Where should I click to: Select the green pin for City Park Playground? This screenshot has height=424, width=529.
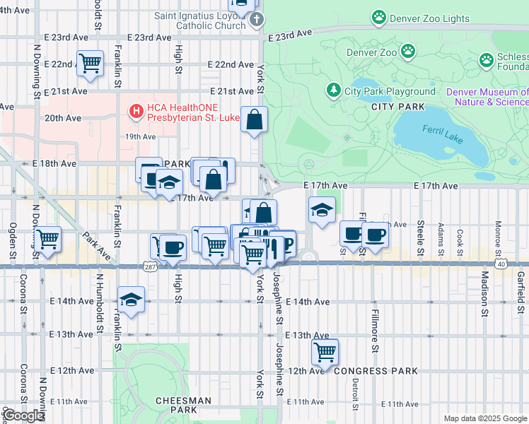pyautogui.click(x=334, y=90)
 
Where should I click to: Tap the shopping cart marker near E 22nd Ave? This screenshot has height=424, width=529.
pyautogui.click(x=91, y=63)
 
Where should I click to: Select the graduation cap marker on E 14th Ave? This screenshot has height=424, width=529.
pyautogui.click(x=131, y=300)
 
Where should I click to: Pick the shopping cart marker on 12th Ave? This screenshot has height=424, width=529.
pyautogui.click(x=325, y=351)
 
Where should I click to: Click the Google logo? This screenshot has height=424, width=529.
pyautogui.click(x=23, y=416)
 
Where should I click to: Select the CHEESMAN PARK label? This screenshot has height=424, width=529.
pyautogui.click(x=182, y=405)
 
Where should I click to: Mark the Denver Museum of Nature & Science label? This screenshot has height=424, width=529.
pyautogui.click(x=487, y=97)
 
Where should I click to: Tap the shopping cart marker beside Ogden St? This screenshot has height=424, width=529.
pyautogui.click(x=47, y=239)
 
